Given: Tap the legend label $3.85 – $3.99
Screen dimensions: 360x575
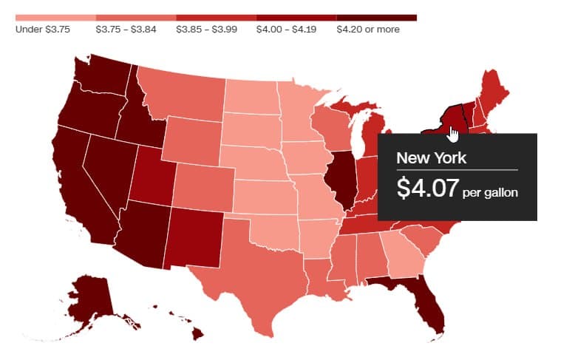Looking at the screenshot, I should pos(203,30).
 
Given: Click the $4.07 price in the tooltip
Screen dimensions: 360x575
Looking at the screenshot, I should pos(427,189).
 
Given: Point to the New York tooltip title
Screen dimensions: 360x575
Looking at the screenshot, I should pos(432,157).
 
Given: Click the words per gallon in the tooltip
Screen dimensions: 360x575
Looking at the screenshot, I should pos(489,193).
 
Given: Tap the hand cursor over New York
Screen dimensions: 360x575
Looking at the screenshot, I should pos(453,134).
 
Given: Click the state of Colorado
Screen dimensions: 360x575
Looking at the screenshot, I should pos(204,186).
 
